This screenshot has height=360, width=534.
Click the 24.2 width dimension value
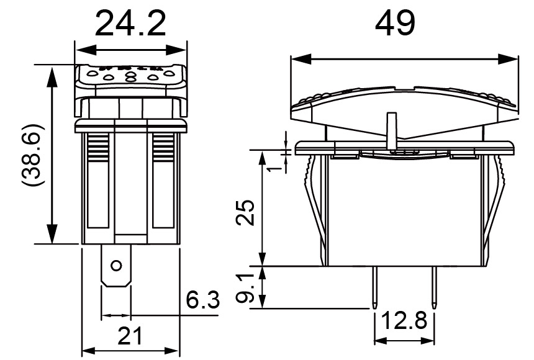(x=130, y=24)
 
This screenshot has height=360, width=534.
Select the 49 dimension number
(x=395, y=24)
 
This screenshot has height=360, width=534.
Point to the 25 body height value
(x=247, y=212)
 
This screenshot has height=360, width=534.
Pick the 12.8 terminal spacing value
(x=404, y=322)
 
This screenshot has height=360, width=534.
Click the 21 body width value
(x=130, y=336)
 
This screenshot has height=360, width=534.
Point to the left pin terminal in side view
(x=376, y=286)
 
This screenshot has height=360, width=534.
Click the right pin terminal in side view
(x=433, y=286)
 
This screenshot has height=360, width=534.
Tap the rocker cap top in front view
(x=130, y=78)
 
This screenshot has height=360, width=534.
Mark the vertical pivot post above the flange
(x=392, y=129)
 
